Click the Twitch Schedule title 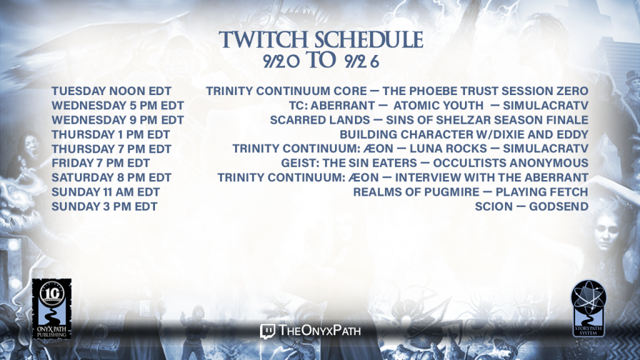point(321,39)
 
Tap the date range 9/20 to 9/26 point(321,61)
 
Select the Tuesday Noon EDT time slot point(111,91)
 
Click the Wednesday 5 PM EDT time point(117,106)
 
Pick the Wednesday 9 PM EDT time point(117,120)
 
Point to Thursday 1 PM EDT point(111,135)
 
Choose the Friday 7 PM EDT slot point(101,163)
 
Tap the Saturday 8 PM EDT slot point(111,177)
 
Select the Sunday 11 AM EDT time point(106,192)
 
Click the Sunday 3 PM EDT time point(104,206)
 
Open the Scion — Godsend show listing point(531,206)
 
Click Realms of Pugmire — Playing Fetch point(471,192)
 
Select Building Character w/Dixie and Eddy point(464,135)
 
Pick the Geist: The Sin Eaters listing point(435,163)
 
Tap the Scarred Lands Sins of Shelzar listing point(429,120)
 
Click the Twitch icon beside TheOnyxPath point(267,331)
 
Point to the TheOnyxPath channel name point(319,331)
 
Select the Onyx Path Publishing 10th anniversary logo point(52,309)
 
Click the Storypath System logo point(588,308)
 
